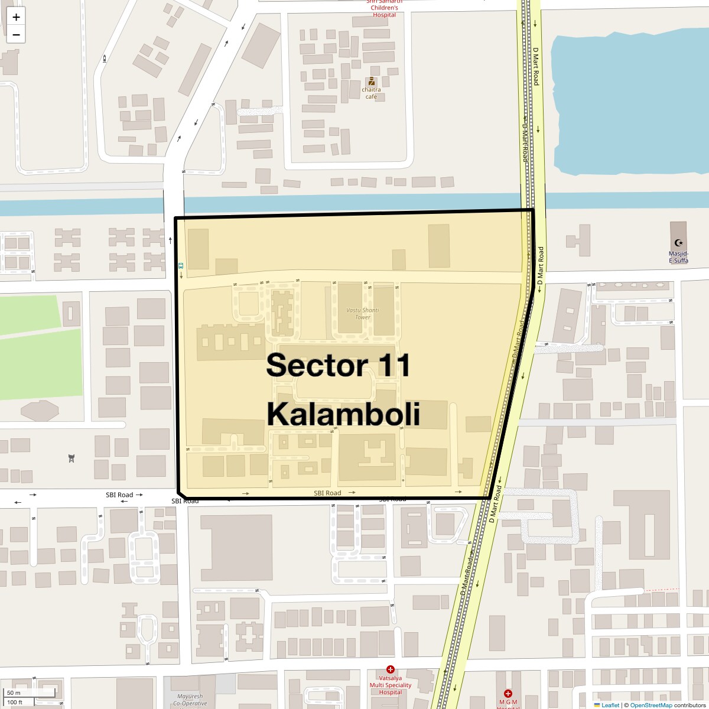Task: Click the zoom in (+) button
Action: point(16,17)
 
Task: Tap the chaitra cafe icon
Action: point(372,82)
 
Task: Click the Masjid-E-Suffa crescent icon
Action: point(678,242)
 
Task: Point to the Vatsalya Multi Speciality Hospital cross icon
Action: point(391,670)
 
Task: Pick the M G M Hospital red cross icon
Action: point(508,694)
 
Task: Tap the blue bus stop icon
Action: point(181,266)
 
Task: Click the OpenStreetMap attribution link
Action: point(651,705)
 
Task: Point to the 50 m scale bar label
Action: point(14,692)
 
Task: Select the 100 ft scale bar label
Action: point(15,703)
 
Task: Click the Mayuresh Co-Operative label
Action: point(190,700)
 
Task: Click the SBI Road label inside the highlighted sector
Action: point(327,493)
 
